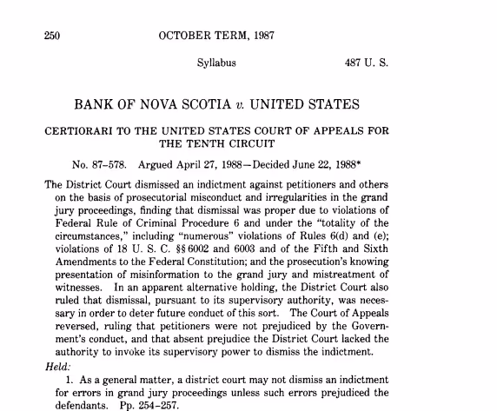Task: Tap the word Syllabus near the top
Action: pyautogui.click(x=217, y=63)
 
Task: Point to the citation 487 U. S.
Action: pyautogui.click(x=368, y=63)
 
